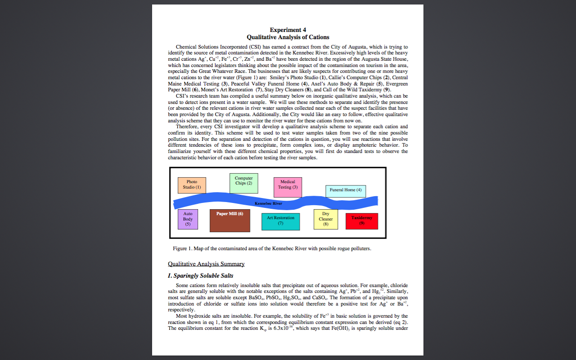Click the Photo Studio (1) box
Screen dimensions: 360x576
[192, 185]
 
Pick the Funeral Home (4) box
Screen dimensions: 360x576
[346, 191]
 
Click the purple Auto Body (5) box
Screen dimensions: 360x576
[188, 219]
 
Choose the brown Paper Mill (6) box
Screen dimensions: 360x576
[229, 220]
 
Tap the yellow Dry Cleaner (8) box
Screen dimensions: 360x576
[326, 219]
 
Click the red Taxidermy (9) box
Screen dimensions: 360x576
[362, 221]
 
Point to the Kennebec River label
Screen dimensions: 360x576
[268, 203]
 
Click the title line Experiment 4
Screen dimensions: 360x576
[288, 30]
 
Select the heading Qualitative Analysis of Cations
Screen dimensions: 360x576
[288, 37]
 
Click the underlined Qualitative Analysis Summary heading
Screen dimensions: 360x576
[206, 264]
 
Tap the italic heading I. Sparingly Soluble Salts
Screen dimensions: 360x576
[200, 275]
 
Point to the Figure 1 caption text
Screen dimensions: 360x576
[272, 248]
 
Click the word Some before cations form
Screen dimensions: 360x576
[182, 285]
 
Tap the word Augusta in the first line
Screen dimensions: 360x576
[358, 47]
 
